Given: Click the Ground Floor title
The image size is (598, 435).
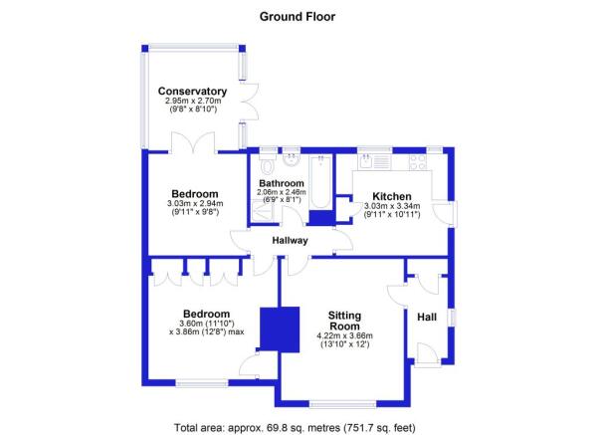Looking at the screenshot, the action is point(298,17).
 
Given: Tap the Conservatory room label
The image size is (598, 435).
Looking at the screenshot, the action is point(193,92).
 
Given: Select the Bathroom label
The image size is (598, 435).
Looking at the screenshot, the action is point(282,183).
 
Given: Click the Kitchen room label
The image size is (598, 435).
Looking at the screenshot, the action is point(392,196).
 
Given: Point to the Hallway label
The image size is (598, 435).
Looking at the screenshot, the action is point(290,241).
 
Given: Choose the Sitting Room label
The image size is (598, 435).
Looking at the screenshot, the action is point(344,321).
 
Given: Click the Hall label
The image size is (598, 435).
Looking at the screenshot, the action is point(427,317).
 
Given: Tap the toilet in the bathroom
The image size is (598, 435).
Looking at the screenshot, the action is point(267,164).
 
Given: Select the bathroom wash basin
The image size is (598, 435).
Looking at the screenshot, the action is point(292,159).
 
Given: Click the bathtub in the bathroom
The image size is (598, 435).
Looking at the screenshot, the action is point(320,182).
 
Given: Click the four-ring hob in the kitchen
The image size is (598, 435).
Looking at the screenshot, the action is point(418,162).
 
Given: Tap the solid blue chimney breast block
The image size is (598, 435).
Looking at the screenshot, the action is point(280,329).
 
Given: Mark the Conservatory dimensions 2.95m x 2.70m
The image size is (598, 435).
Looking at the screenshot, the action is point(193,102).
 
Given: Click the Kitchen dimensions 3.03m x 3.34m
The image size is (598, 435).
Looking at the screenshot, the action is point(392,206).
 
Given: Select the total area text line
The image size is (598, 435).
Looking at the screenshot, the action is point(295,427).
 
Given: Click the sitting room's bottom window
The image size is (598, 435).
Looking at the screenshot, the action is point(342,404).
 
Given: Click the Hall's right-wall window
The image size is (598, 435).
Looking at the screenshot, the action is point(452,318).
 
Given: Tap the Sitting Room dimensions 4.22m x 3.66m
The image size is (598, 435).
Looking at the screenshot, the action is point(344,336).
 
